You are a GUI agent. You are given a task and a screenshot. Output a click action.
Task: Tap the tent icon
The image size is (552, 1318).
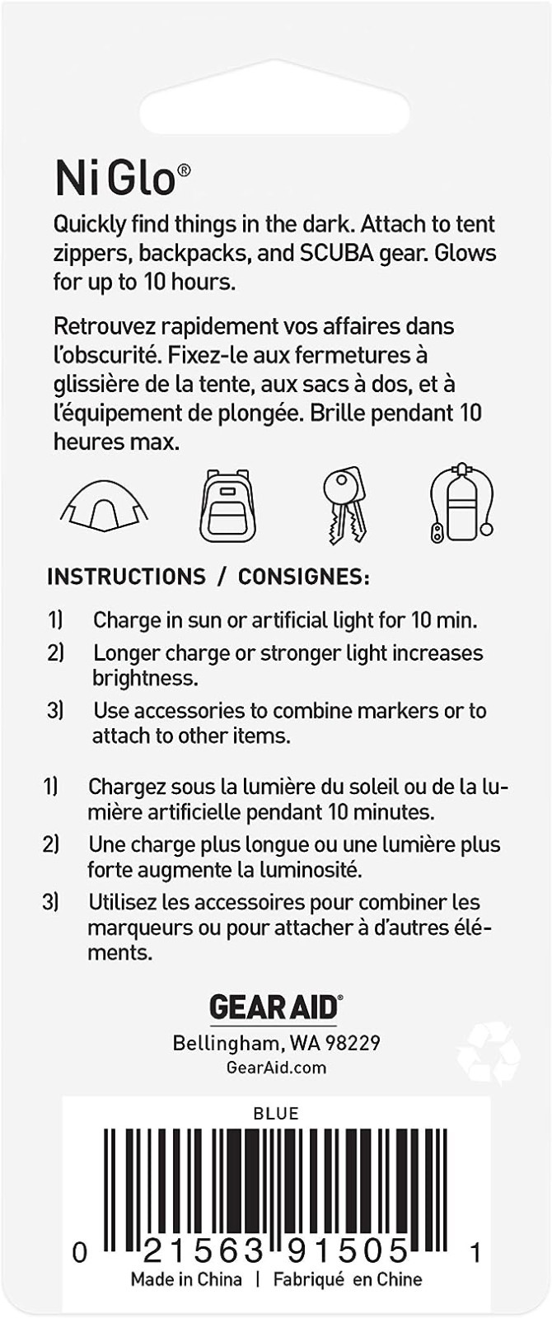[104, 505]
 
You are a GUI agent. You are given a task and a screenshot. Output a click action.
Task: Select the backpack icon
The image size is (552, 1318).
[227, 506]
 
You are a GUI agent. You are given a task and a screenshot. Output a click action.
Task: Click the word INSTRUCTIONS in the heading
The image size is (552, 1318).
[126, 577]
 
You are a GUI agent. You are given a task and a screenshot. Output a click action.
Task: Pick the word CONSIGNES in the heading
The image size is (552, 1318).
[303, 577]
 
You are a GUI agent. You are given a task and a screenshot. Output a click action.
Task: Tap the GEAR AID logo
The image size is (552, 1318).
[275, 1007]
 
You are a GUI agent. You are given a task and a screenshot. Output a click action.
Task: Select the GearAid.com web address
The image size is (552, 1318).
[275, 1068]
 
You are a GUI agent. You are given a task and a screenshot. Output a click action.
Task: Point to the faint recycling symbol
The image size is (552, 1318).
[489, 1053]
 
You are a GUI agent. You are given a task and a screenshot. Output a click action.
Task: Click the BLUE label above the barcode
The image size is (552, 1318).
[275, 1114]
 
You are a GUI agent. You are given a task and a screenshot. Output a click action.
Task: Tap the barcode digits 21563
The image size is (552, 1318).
[203, 1252]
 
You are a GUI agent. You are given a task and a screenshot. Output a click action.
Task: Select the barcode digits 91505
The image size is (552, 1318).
[348, 1252]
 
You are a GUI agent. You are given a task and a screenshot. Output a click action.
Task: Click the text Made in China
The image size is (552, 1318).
[186, 1279]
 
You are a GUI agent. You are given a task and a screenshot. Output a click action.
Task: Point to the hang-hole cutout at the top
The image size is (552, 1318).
[275, 108]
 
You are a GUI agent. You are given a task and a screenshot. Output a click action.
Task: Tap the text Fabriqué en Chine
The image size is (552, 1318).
[347, 1279]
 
